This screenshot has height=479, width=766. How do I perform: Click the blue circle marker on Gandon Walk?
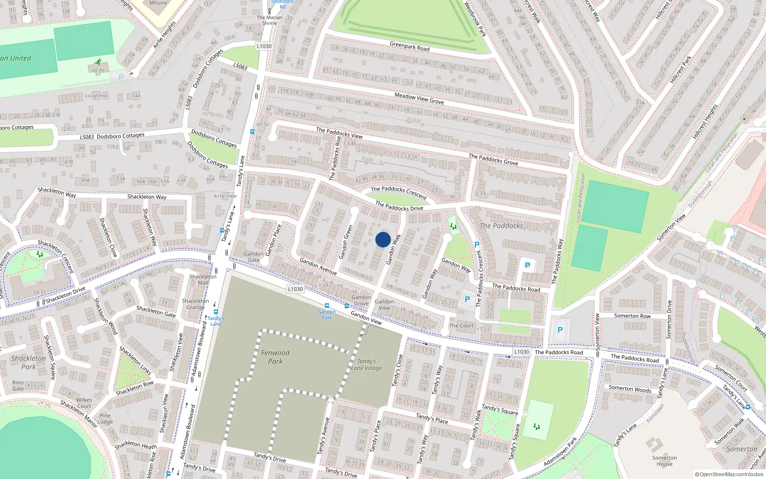click(x=383, y=239)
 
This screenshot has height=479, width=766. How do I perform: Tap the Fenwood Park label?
click(x=275, y=357)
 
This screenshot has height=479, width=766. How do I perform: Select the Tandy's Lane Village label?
click(x=367, y=365)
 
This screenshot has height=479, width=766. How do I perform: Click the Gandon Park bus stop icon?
click(x=327, y=306)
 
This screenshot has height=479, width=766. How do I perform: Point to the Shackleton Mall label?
click(x=203, y=279)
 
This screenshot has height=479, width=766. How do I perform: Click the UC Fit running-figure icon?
click(x=98, y=62)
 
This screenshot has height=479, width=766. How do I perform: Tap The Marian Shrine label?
click(x=270, y=20)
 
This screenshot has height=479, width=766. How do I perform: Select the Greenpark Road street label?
click(x=409, y=46)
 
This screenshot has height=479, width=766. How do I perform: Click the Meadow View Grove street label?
click(x=419, y=99)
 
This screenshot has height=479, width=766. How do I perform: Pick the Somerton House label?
click(x=665, y=461)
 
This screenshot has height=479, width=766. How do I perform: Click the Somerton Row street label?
click(x=632, y=316)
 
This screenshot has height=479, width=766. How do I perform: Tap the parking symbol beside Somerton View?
click(x=560, y=330)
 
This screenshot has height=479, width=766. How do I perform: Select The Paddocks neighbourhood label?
click(x=501, y=226)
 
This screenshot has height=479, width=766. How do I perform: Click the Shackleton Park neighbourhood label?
click(x=29, y=362)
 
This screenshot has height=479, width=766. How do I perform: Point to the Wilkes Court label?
click(x=84, y=403)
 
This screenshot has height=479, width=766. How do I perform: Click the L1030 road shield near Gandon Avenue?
click(x=295, y=289)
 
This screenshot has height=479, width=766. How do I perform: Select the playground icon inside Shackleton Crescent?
click(x=40, y=254)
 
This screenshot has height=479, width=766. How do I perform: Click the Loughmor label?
click(x=97, y=96)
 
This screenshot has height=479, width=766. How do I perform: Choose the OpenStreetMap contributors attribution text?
click(x=729, y=474)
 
